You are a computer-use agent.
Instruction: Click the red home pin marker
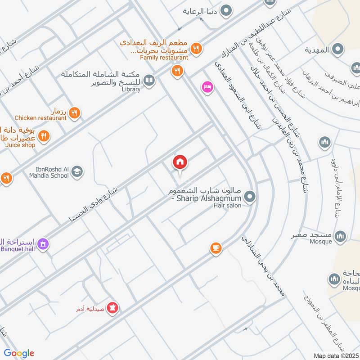[180, 163]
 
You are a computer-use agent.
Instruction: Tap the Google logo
[19, 353]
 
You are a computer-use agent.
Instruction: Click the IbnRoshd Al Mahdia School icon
[77, 171]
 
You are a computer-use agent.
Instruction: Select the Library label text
[130, 89]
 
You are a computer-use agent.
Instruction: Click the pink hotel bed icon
[207, 87]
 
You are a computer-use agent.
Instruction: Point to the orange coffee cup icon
[216, 248]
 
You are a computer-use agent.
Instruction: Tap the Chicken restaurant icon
[75, 113]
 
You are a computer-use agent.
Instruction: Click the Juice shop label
[20, 145]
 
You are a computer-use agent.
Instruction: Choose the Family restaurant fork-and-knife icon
[196, 48]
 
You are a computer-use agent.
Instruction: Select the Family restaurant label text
[164, 58]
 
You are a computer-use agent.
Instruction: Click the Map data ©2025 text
[335, 356]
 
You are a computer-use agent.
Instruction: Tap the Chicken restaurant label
[40, 118]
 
